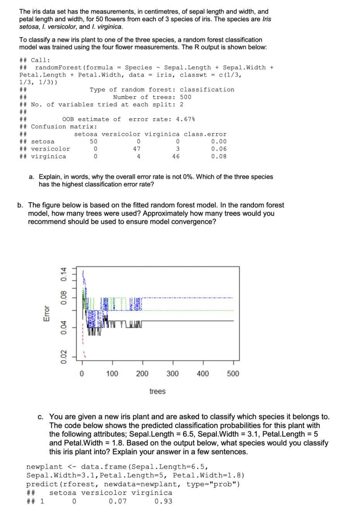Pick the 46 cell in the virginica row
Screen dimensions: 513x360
[176, 157]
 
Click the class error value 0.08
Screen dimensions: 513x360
[219, 157]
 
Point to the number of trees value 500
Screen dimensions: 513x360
[185, 97]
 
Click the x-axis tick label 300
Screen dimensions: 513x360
[172, 374]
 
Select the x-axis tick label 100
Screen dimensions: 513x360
[112, 374]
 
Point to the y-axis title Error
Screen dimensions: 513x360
[47, 313]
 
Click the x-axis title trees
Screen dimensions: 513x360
[157, 391]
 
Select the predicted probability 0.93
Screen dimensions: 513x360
[163, 501]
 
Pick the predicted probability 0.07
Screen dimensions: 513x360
[117, 501]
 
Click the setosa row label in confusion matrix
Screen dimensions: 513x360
[43, 142]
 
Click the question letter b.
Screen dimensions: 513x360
[20, 205]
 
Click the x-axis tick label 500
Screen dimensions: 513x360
[233, 374]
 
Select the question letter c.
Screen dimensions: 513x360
[40, 417]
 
